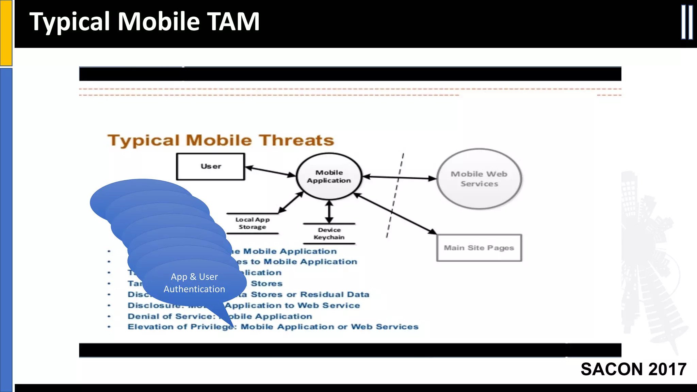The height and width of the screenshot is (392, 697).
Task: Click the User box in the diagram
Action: click(x=210, y=166)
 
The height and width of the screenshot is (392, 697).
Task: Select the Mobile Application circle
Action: click(x=329, y=176)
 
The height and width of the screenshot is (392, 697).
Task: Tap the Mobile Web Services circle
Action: click(x=479, y=179)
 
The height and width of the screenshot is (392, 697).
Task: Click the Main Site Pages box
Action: click(x=479, y=248)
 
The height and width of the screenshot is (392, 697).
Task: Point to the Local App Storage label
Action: click(x=252, y=223)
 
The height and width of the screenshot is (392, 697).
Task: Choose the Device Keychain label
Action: click(x=329, y=234)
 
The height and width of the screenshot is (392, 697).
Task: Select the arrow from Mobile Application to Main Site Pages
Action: click(x=395, y=214)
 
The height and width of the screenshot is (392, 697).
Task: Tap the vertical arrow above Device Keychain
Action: click(x=329, y=212)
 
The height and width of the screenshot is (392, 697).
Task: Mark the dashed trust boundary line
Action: click(x=395, y=196)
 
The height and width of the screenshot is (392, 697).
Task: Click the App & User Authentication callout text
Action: click(x=194, y=283)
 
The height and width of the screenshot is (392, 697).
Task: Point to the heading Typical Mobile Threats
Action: click(x=221, y=140)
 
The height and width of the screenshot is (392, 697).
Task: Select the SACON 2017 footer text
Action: click(x=633, y=369)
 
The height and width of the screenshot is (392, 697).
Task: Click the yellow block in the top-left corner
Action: click(x=6, y=33)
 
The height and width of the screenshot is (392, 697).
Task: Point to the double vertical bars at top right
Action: click(x=687, y=22)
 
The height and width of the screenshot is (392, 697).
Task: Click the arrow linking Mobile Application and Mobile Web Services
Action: click(x=400, y=177)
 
